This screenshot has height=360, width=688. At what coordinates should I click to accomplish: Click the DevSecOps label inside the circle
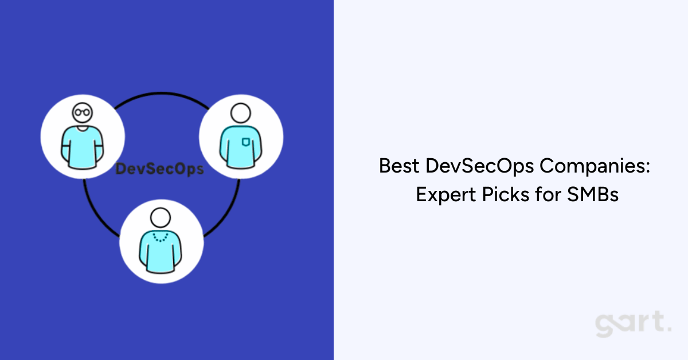(160, 169)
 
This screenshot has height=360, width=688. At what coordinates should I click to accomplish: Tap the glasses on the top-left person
(81, 112)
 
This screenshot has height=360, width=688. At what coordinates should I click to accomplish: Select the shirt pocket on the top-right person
(245, 142)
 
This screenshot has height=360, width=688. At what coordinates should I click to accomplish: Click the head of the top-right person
(240, 112)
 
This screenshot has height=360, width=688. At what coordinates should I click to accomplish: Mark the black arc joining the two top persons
(161, 92)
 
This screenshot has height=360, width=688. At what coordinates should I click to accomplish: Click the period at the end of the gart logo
(669, 330)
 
